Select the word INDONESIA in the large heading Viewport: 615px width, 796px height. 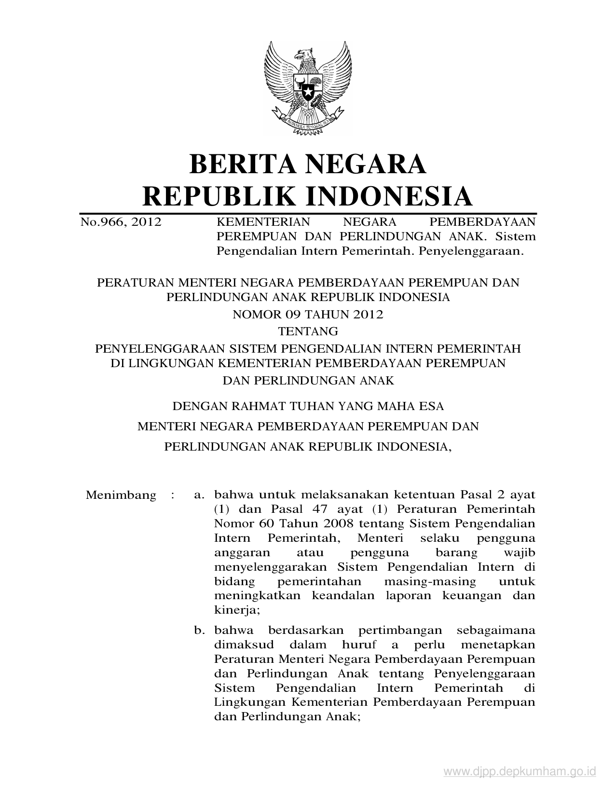[x=390, y=196]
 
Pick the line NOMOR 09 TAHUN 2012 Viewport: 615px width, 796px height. [x=308, y=315]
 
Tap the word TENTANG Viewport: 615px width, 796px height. [x=308, y=331]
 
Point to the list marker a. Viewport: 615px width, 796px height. [x=198, y=495]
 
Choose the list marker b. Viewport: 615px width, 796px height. [x=198, y=630]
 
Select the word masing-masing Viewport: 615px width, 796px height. [x=430, y=581]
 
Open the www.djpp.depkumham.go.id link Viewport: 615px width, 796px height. [x=519, y=773]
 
